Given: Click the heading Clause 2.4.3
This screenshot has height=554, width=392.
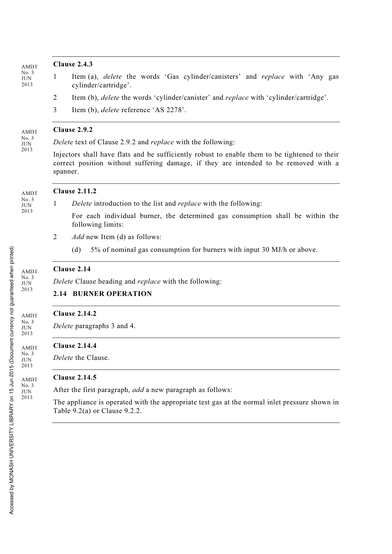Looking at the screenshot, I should coord(73,64).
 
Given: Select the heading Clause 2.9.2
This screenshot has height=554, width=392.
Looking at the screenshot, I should coord(73,130).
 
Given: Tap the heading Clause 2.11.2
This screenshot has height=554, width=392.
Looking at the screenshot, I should coord(74,191).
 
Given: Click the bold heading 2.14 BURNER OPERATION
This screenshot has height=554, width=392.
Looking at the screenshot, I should coord(102,294).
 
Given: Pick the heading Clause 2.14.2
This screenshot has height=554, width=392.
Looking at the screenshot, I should coord(75,314).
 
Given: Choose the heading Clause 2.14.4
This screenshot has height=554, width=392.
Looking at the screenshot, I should coord(75,346).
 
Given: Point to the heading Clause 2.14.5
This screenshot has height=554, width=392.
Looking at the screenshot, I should coord(75,378).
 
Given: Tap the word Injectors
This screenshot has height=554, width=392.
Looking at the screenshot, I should coord(67,155).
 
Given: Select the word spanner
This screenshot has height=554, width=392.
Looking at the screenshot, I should coord(65,172).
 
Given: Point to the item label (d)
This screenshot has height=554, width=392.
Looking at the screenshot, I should coord(76,250).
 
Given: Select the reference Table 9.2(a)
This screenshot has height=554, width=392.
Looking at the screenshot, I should coord(72,411).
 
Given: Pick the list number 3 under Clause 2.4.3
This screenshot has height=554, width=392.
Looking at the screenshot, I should coord(55,110).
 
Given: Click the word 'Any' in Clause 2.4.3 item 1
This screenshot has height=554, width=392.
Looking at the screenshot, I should coord(317,77).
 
